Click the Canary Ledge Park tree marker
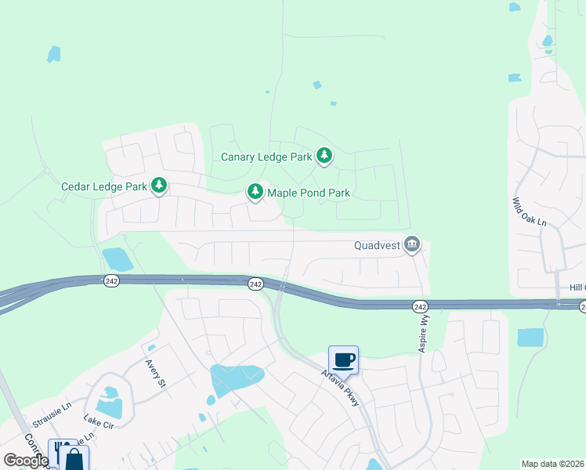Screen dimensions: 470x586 [324, 157]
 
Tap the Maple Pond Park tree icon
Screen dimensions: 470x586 [255, 191]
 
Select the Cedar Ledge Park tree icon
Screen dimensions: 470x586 [159, 186]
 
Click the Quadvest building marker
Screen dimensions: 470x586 [412, 245]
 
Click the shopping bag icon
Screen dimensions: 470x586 [75, 458]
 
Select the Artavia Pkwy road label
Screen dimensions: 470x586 [345, 388]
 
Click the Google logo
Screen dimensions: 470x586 [26, 461]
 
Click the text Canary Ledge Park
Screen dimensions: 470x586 [266, 157]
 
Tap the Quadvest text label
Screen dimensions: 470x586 [377, 245]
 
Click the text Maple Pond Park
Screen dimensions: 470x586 [308, 192]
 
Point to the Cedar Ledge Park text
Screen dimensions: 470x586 [104, 186]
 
